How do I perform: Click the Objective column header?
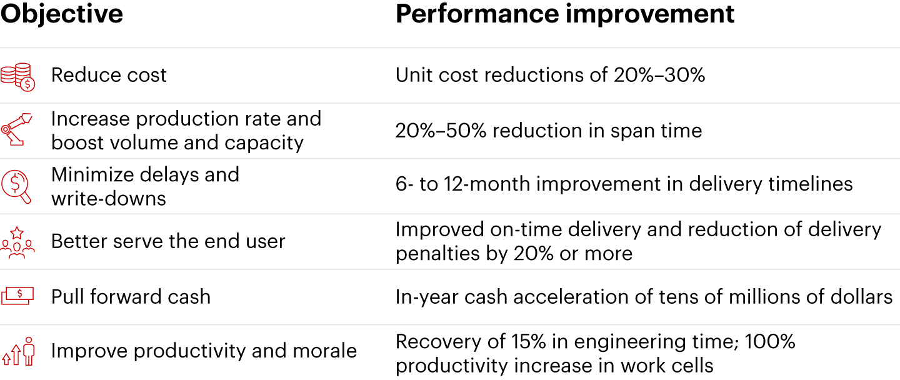pyautogui.click(x=61, y=14)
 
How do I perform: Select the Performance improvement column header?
pyautogui.click(x=564, y=14)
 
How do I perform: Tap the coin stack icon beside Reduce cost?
pyautogui.click(x=18, y=76)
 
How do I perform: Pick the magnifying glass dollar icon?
pyautogui.click(x=17, y=186)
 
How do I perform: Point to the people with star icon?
pyautogui.click(x=17, y=242)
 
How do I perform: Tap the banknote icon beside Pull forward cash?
pyautogui.click(x=17, y=296)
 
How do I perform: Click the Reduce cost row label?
pyautogui.click(x=109, y=76)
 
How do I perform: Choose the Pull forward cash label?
pyautogui.click(x=131, y=296)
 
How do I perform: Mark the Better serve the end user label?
pyautogui.click(x=168, y=241)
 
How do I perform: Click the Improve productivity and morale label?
pyautogui.click(x=204, y=351)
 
